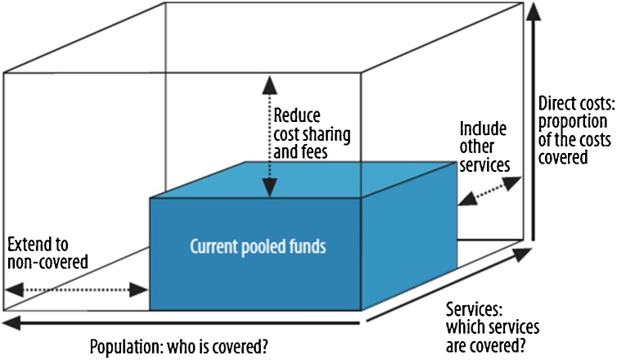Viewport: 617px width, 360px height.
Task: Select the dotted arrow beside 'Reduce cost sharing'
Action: tap(263, 134)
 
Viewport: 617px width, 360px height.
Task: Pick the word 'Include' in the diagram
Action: tap(483, 129)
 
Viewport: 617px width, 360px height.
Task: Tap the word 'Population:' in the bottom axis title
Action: tap(124, 345)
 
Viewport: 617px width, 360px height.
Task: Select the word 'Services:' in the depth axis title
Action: tap(473, 308)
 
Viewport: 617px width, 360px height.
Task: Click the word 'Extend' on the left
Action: tap(27, 244)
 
